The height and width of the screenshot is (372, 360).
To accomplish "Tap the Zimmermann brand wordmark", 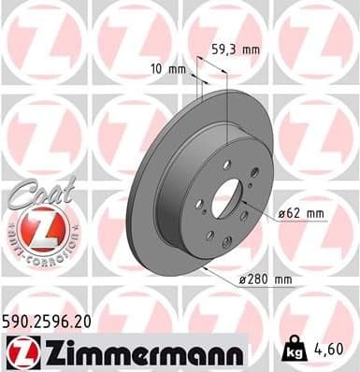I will tap(141, 352).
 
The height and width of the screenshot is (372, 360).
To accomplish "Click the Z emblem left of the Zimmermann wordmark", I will tap(21, 352).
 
